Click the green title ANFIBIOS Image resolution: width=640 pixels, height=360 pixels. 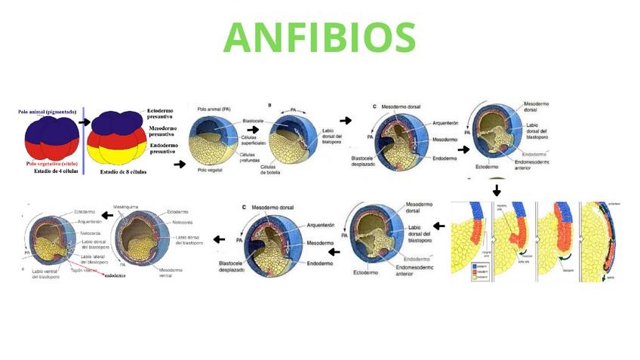pos(319,36)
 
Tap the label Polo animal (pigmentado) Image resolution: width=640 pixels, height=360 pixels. pos(48,112)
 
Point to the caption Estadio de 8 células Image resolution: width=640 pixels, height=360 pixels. pos(123,171)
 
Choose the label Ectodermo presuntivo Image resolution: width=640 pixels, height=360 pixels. pos(160,114)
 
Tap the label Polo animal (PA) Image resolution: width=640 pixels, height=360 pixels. pos(216,109)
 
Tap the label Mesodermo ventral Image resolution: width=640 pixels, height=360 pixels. pos(173,272)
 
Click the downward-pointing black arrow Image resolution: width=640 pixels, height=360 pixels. pos(496,189)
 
